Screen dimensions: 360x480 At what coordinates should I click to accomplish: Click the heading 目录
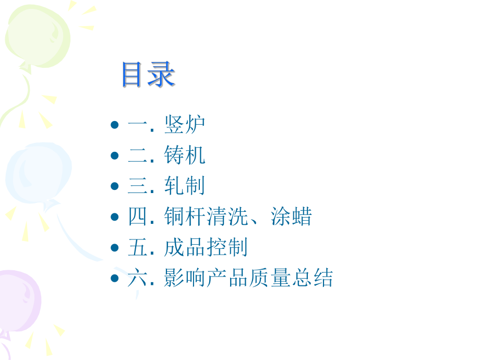click(148, 75)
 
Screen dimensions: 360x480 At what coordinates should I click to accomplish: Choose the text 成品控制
click(206, 248)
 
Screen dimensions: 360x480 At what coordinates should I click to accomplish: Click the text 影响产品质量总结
click(248, 278)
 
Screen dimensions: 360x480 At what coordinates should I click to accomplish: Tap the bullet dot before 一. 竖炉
click(114, 125)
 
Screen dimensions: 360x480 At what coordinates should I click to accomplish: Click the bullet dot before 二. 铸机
click(114, 156)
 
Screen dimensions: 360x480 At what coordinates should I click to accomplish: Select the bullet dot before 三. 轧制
click(114, 186)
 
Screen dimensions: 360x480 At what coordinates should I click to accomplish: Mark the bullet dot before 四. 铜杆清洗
click(114, 217)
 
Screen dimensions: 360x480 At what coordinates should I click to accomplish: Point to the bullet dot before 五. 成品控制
click(114, 248)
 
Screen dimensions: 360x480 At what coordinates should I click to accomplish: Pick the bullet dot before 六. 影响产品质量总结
click(114, 278)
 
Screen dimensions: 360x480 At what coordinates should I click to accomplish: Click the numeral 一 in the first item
click(138, 125)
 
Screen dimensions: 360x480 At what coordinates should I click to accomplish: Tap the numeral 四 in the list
click(138, 217)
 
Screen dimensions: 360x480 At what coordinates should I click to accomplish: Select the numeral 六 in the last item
click(138, 278)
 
